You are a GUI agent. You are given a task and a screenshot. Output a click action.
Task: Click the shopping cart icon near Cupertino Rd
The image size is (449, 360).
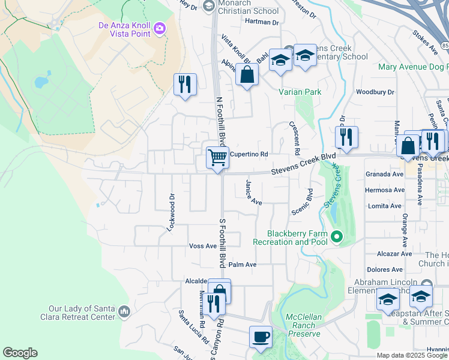coord(217,158)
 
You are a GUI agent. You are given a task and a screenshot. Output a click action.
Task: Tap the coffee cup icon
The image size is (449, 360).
coord(261,337)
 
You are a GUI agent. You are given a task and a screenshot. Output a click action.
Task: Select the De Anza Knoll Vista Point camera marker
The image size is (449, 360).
coord(160,28)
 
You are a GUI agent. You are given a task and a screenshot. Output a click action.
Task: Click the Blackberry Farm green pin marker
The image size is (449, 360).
coord(336,237)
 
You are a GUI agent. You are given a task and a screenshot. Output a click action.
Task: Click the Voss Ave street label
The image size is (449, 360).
coord(202,246)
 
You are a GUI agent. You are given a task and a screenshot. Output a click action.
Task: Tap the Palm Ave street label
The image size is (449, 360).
coord(243,265)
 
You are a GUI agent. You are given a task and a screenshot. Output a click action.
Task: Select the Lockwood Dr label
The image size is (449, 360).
coord(171,212)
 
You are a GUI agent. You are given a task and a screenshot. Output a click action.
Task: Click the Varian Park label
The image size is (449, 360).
coord(300,92)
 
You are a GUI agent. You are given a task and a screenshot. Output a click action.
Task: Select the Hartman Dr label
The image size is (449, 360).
coord(262,23)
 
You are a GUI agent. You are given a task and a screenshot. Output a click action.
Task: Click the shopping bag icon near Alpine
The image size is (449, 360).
coord(247,76)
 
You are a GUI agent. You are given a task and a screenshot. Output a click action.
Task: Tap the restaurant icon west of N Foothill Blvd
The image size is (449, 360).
coord(185,84)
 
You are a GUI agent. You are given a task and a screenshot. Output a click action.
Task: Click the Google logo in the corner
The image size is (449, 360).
coord(20,353)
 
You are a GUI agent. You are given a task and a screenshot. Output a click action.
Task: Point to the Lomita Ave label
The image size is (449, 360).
coord(384,206)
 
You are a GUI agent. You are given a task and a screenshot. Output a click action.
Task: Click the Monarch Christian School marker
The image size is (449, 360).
coord(208,7)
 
